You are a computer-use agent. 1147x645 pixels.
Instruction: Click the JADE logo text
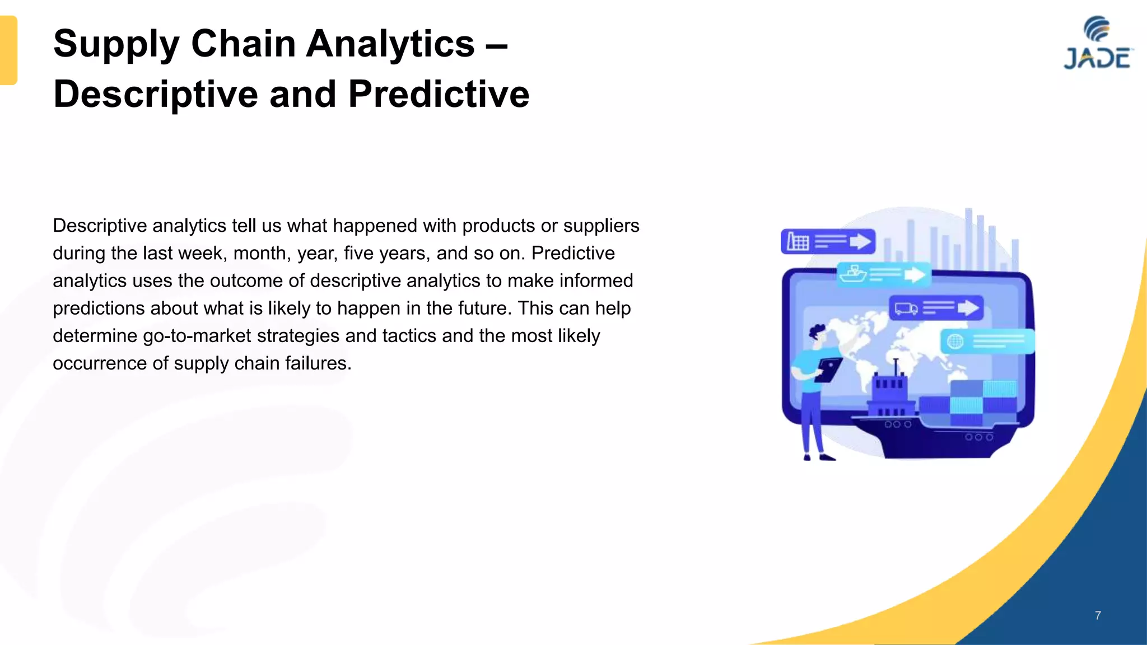tap(1097, 59)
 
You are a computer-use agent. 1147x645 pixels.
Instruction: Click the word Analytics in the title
tap(390, 44)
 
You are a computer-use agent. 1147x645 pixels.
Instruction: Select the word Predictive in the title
tap(439, 94)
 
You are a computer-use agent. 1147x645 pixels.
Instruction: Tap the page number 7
tap(1098, 615)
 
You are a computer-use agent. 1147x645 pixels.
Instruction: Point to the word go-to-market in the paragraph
tap(197, 336)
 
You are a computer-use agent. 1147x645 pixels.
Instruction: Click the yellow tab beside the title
tap(8, 50)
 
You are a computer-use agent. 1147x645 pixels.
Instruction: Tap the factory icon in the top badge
tap(798, 242)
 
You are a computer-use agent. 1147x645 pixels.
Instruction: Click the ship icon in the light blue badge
tap(853, 274)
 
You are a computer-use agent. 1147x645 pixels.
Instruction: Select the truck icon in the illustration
tap(906, 308)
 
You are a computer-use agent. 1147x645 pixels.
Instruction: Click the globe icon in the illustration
tap(955, 341)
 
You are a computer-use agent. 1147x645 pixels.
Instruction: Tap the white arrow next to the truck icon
tap(968, 308)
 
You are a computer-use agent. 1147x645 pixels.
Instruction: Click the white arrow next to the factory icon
tap(860, 242)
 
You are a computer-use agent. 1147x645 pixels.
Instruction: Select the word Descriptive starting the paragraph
tap(99, 226)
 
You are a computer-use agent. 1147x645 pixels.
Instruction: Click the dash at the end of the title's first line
tap(496, 44)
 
